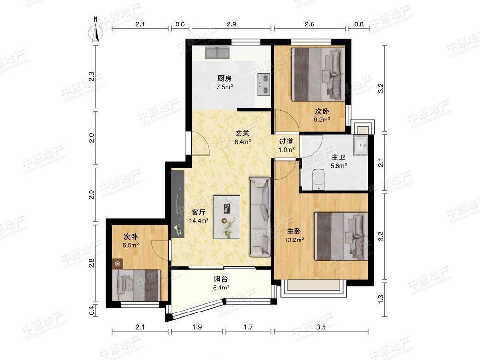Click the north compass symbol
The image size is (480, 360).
[x=96, y=32]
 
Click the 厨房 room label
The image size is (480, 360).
[x=224, y=78]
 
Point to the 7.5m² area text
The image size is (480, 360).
[x=225, y=87]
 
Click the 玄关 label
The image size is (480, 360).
[x=242, y=133]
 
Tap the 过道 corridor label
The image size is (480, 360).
[x=286, y=142]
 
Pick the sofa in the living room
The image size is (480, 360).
[x=260, y=216]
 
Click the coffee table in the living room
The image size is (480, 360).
[x=227, y=217]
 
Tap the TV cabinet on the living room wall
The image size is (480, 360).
[x=178, y=204]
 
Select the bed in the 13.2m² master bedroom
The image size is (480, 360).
[x=341, y=236]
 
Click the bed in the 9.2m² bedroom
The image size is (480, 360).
[x=318, y=74]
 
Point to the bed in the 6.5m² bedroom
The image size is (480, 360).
[x=136, y=285]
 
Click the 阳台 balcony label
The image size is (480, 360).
[x=221, y=279]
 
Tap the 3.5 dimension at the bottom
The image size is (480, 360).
[x=321, y=327]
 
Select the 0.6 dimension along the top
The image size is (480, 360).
[x=180, y=24]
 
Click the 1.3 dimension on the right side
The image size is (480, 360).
[x=381, y=299]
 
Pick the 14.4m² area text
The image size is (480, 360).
[x=199, y=220]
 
